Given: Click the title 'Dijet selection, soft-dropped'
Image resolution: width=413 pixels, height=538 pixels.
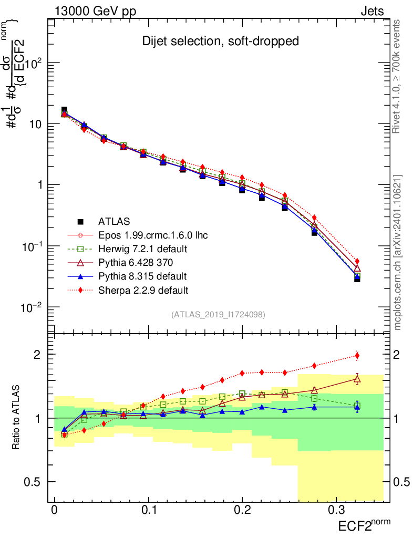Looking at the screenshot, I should [x=221, y=41].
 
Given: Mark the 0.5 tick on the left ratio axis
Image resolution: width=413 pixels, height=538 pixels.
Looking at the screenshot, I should [x=37, y=482].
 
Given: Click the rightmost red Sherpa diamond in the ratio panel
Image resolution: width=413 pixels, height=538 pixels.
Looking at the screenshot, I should [x=357, y=356].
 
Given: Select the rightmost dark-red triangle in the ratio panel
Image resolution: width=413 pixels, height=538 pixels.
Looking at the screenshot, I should [x=357, y=379].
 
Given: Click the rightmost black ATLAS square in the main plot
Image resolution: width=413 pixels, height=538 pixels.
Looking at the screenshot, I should [x=357, y=278].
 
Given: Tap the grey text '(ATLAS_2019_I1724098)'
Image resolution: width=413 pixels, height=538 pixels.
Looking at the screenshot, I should [x=218, y=315].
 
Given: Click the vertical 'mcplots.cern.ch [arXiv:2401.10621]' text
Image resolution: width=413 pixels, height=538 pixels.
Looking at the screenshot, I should [x=398, y=252].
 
